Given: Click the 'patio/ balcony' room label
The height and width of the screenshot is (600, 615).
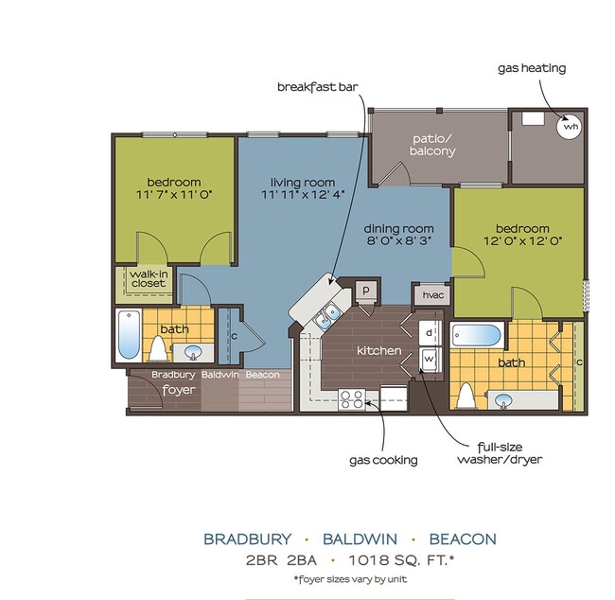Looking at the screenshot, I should (x=433, y=144).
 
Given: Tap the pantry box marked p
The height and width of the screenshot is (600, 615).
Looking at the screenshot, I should (x=364, y=291).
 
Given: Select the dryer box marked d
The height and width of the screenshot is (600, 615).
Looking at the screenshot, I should (x=429, y=333).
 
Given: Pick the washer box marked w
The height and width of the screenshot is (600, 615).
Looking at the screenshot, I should (x=429, y=360).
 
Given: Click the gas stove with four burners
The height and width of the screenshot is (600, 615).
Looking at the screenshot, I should (x=351, y=402).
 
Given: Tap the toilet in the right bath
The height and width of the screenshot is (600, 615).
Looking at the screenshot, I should (x=466, y=395).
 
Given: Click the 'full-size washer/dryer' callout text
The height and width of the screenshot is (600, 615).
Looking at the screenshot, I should (x=501, y=453).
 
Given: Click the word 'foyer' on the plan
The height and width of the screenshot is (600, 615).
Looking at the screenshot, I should (x=177, y=389).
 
